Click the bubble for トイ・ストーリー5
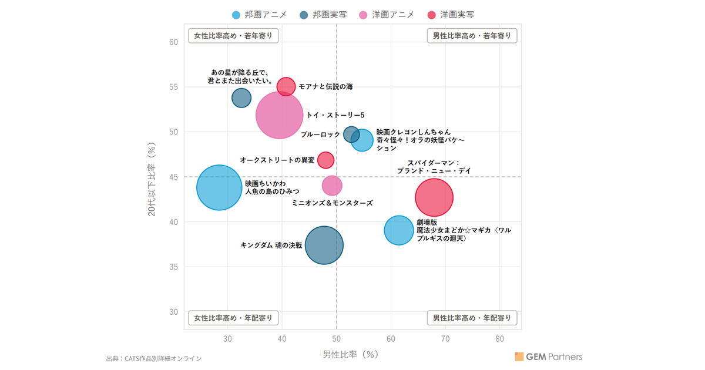pos(280,115)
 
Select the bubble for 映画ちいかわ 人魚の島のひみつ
pos(219,187)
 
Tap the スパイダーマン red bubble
pos(434,197)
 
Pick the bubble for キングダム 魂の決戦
pos(324,245)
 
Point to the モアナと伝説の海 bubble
pos(286,86)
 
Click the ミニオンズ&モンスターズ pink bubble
pos(332,186)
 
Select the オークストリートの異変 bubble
pos(325,160)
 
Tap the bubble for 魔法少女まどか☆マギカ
pos(399,230)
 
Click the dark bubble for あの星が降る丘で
pos(241,98)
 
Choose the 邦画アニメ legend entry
pos(259,15)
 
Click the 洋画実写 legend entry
pos(451,15)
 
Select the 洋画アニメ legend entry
pos(387,15)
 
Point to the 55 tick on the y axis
pos(173,87)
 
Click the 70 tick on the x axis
pos(445,339)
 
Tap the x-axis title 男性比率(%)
pos(350,355)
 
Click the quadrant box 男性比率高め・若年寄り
pos(472,36)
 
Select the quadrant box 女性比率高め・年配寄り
pos(233,318)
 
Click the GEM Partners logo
pos(548,356)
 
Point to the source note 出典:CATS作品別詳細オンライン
pos(153,358)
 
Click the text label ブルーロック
pos(320,134)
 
